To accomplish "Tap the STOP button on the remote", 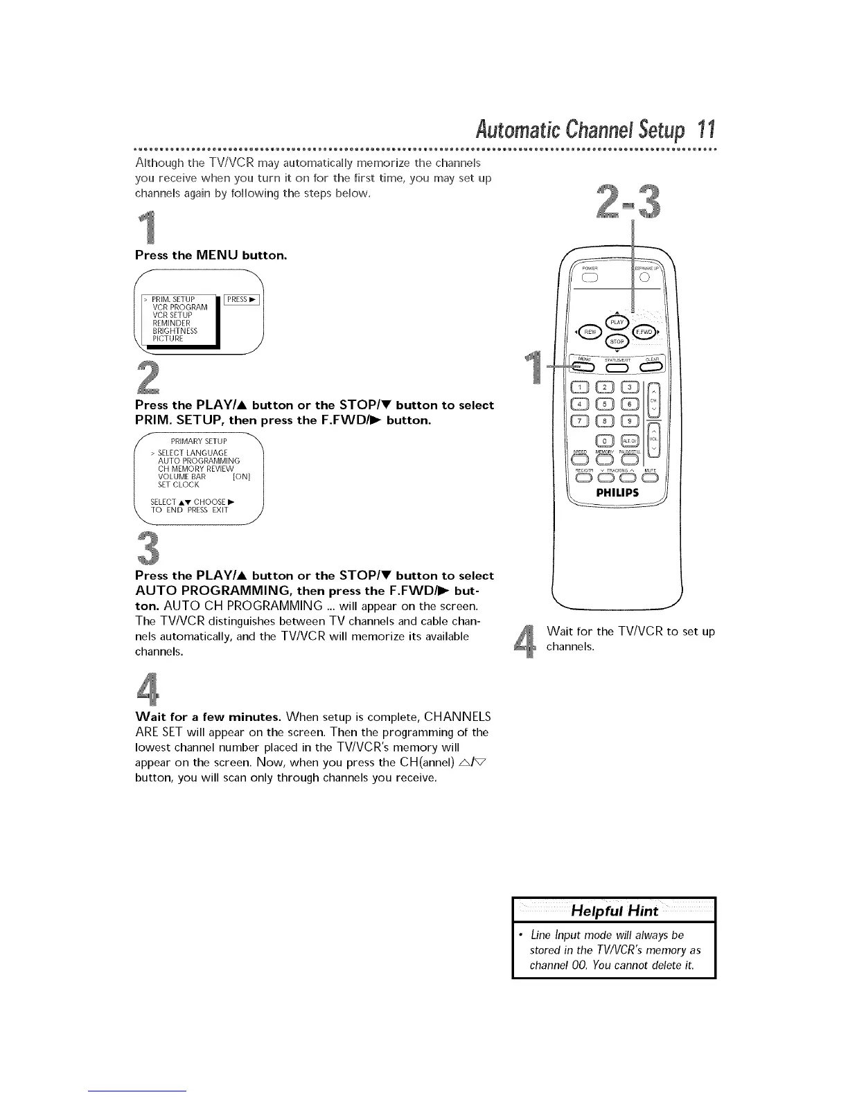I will (617, 341).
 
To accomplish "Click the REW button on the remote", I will (590, 332).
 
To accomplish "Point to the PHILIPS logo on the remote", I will (617, 493).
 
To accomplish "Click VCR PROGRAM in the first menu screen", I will (179, 307).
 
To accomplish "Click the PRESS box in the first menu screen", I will (242, 299).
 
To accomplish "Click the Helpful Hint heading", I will (613, 911).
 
